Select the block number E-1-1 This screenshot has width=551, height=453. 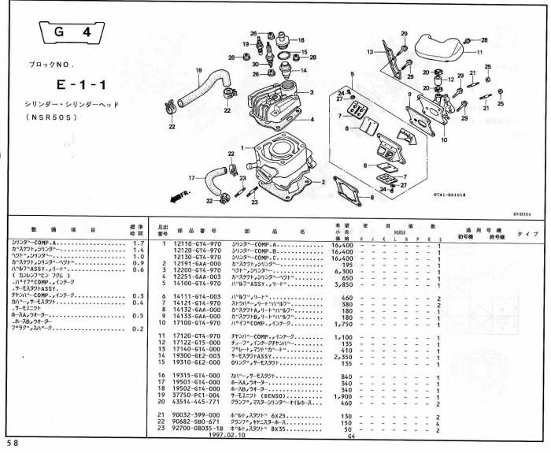[79, 83]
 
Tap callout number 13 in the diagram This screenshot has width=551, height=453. [369, 51]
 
